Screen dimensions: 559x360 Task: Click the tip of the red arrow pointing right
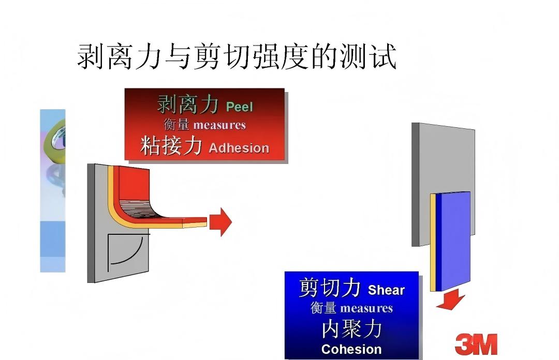pyautogui.click(x=232, y=222)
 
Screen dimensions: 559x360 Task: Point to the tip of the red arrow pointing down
pyautogui.click(x=451, y=309)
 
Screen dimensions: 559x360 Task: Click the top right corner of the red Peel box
pyautogui.click(x=285, y=89)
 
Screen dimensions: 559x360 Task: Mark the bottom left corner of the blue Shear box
pyautogui.click(x=285, y=358)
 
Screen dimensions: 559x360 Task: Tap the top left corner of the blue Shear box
pyautogui.click(x=285, y=272)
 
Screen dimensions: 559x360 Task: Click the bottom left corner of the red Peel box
pyautogui.click(x=124, y=160)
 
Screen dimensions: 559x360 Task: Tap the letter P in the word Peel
pyautogui.click(x=230, y=107)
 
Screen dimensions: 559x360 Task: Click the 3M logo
pyautogui.click(x=476, y=344)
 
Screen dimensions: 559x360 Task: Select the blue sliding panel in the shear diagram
pyautogui.click(x=453, y=241)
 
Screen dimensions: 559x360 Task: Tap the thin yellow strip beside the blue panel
pyautogui.click(x=433, y=243)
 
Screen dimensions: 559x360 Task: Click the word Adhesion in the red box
pyautogui.click(x=239, y=148)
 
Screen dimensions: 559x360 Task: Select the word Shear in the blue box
pyautogui.click(x=386, y=290)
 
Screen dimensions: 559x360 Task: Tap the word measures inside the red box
pyautogui.click(x=219, y=125)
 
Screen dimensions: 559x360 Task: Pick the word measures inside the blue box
pyautogui.click(x=366, y=308)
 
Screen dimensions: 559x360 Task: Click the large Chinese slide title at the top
pyautogui.click(x=237, y=56)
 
